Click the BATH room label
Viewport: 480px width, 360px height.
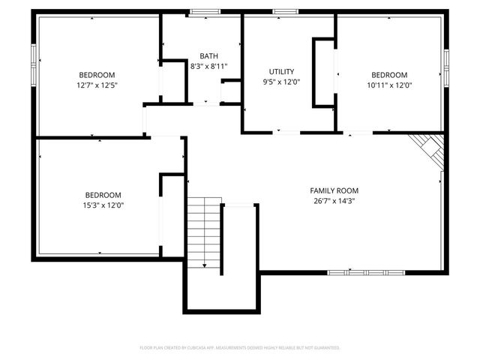(209, 56)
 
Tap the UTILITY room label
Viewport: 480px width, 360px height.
(281, 71)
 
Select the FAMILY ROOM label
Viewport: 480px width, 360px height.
(334, 190)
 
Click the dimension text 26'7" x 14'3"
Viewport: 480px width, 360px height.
(334, 200)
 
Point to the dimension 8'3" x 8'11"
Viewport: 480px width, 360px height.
(209, 66)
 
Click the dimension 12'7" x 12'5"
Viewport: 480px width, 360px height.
(97, 85)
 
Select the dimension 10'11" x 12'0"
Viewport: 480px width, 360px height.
(389, 85)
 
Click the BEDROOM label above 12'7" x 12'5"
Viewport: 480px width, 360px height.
(97, 74)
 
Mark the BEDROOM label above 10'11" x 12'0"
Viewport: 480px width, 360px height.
(389, 74)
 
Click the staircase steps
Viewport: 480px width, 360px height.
(204, 225)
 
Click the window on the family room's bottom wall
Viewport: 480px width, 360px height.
(365, 271)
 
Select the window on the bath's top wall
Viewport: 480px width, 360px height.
(200, 12)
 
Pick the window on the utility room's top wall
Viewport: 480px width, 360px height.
(285, 12)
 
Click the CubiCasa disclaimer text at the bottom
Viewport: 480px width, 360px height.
(240, 348)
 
